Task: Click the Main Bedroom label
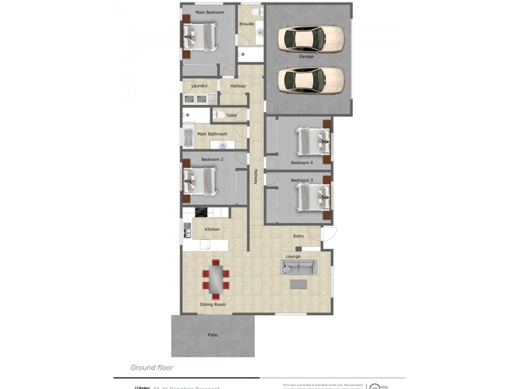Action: pos(210,12)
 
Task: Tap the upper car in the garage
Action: pos(311,38)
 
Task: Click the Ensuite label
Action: pos(247,24)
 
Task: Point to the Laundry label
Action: pos(199,86)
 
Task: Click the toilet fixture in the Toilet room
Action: pos(220,115)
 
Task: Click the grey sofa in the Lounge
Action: pos(299,267)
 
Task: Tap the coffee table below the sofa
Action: pos(299,283)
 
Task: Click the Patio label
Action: pos(213,335)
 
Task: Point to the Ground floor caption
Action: pos(152,368)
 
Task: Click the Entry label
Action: pos(298,236)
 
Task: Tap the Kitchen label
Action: pos(212,230)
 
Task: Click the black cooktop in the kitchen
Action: pos(200,212)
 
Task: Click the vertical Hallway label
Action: pos(256,177)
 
